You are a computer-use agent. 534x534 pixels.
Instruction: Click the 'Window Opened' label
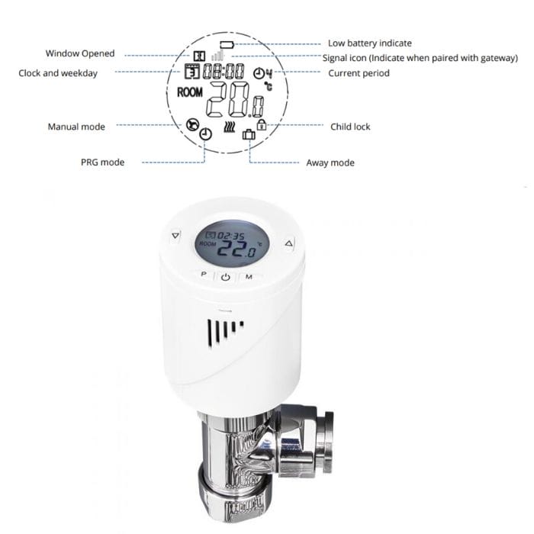[80, 53]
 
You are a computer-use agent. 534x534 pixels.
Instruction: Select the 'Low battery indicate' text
[369, 43]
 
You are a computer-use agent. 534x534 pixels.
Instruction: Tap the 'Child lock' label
[350, 126]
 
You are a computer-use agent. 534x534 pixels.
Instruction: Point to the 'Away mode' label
[330, 162]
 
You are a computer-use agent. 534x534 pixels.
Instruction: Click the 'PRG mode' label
[102, 162]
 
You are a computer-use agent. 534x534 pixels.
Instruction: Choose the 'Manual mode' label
[76, 126]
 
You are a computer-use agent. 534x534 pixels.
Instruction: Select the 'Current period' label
[359, 73]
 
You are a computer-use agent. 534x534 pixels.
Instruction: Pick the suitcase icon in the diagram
[249, 135]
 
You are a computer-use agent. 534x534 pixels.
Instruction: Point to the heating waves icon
[230, 129]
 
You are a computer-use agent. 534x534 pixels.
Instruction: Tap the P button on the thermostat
[204, 274]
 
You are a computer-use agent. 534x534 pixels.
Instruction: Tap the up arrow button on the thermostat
[288, 244]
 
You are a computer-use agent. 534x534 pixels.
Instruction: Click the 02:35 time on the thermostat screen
[232, 236]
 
